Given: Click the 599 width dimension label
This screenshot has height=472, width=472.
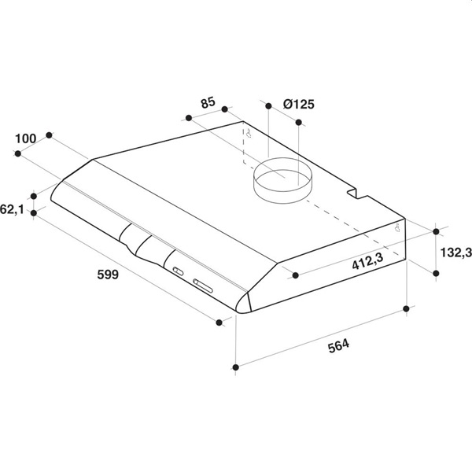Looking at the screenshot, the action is (108, 275).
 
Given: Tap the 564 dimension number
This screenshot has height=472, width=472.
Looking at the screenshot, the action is (338, 345).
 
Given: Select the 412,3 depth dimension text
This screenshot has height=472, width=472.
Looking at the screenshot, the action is (368, 261).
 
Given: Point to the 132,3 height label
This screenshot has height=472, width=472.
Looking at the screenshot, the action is (455, 253).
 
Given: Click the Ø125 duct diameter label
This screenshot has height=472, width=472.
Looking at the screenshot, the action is (299, 104).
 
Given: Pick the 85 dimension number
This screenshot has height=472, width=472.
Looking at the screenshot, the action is (208, 102).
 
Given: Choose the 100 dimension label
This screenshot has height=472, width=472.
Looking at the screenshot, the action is (26, 138).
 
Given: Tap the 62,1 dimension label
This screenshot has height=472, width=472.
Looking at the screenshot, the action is (12, 209).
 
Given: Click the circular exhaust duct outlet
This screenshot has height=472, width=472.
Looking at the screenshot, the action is (282, 180).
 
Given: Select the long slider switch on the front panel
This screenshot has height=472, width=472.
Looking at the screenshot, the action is (203, 286).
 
